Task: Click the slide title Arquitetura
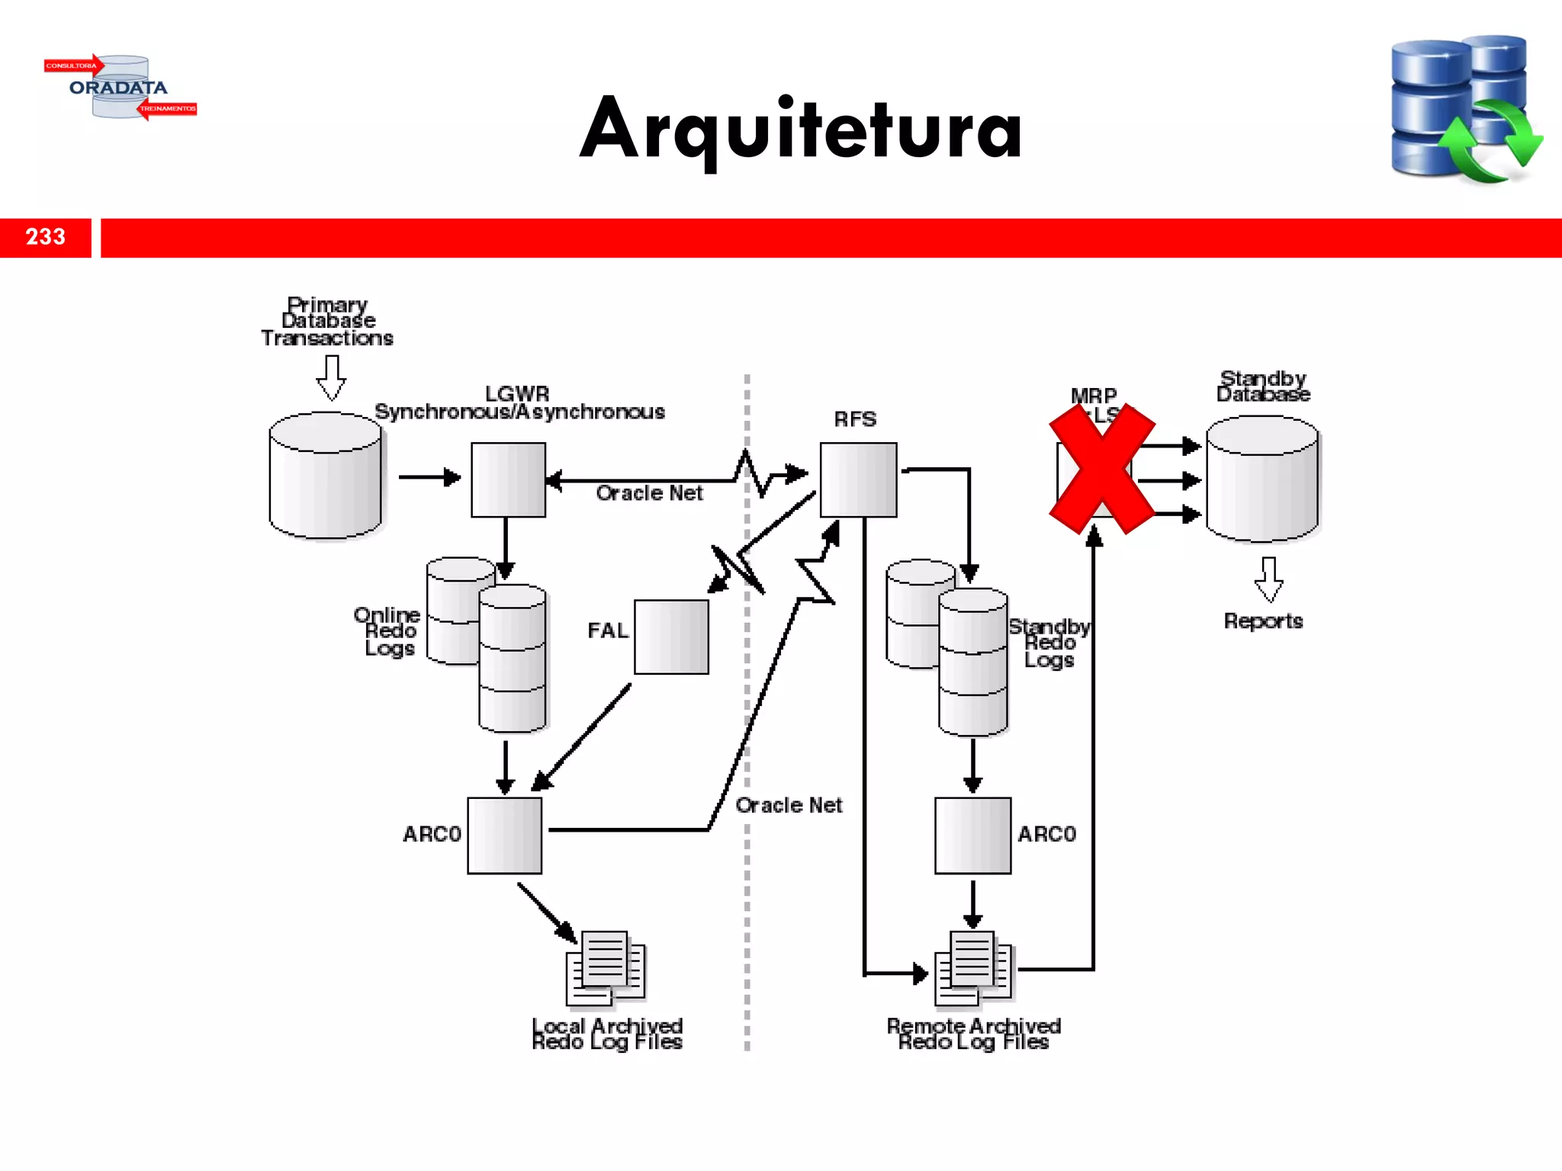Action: pyautogui.click(x=801, y=130)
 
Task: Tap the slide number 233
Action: pyautogui.click(x=46, y=237)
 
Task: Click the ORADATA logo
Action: pyautogui.click(x=120, y=87)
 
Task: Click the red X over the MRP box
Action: pyautogui.click(x=1101, y=468)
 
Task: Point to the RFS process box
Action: pyautogui.click(x=858, y=480)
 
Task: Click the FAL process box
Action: pyautogui.click(x=671, y=637)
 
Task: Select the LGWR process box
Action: pyautogui.click(x=508, y=480)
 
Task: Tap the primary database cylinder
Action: pyautogui.click(x=326, y=476)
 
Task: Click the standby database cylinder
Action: pyautogui.click(x=1262, y=479)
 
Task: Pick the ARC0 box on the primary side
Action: pyautogui.click(x=504, y=835)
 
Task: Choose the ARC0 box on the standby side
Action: pyautogui.click(x=972, y=835)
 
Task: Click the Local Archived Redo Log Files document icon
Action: pyautogui.click(x=606, y=968)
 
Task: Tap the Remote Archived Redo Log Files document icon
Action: pyautogui.click(x=973, y=968)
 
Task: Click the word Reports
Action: pyautogui.click(x=1263, y=621)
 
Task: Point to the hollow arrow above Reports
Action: pyautogui.click(x=1268, y=579)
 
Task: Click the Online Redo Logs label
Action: pyautogui.click(x=387, y=631)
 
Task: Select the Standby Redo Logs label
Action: pyautogui.click(x=1049, y=643)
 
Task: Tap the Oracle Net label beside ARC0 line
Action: pyautogui.click(x=789, y=805)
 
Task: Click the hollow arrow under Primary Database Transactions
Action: pyautogui.click(x=331, y=378)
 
